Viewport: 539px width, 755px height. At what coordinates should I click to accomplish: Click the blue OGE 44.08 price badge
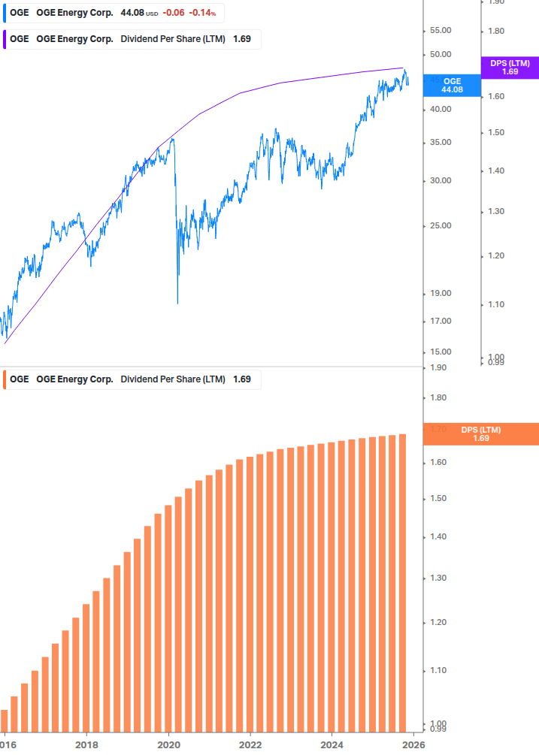coord(452,85)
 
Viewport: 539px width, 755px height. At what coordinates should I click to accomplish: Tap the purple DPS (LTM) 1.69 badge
coord(510,68)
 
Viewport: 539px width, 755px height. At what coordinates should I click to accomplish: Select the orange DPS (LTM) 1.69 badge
coord(480,434)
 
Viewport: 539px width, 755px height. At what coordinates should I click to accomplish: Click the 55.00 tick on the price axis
coord(440,30)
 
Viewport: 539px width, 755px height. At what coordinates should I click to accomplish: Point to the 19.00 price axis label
coord(440,293)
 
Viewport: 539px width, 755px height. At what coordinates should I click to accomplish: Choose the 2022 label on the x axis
coord(250,745)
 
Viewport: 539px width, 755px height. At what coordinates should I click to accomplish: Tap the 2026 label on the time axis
coord(413,745)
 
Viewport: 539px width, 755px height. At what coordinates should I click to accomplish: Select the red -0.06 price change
coord(175,13)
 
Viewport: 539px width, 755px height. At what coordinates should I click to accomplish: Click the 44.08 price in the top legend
coord(133,13)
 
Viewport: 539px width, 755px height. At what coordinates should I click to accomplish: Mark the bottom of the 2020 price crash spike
coord(177,303)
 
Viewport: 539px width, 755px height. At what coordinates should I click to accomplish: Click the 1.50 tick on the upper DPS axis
coord(495,132)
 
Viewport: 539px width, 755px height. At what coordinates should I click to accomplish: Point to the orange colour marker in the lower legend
coord(5,379)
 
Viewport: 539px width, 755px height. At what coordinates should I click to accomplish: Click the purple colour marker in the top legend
coord(5,39)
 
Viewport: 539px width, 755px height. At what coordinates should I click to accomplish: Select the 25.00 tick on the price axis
coord(440,225)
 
